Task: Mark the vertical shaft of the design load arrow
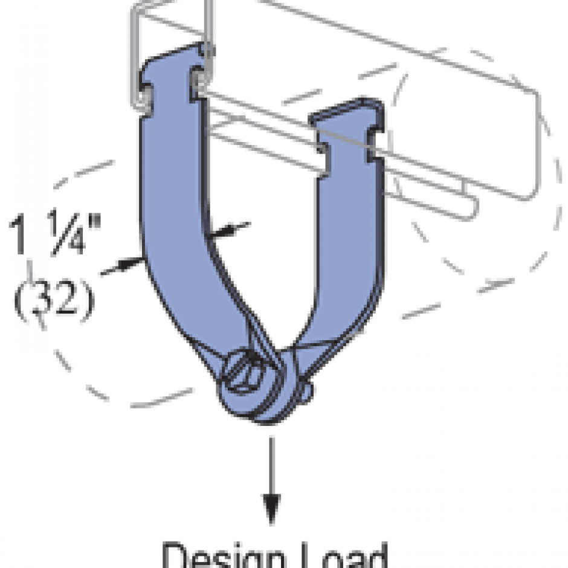(x=271, y=465)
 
